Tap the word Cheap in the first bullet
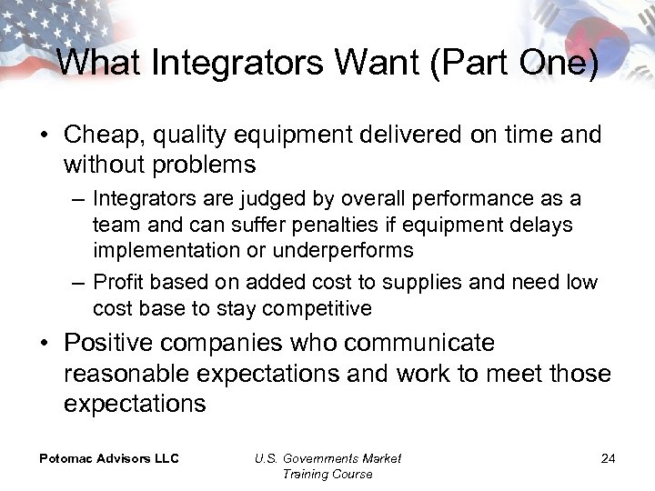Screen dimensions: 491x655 click(x=100, y=135)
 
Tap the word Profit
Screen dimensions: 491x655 click(x=117, y=283)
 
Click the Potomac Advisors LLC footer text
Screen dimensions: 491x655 click(x=108, y=458)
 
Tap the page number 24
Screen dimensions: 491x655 click(x=608, y=458)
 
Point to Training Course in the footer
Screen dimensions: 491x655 click(x=327, y=474)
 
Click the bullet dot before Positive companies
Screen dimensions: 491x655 click(x=45, y=345)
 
